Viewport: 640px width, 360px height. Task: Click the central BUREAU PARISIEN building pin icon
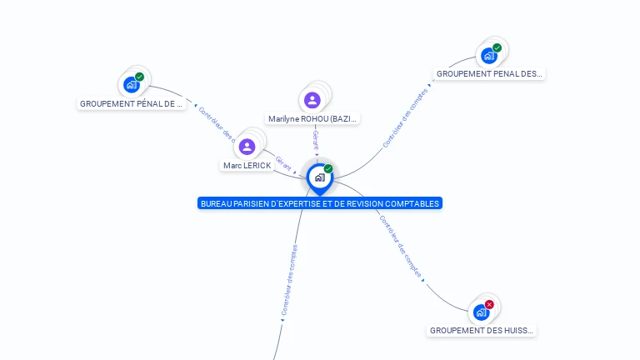click(319, 177)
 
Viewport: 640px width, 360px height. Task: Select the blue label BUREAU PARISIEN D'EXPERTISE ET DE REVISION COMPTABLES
click(320, 203)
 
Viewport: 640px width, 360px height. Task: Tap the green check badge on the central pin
click(328, 168)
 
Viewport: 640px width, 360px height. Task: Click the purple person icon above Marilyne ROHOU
click(312, 100)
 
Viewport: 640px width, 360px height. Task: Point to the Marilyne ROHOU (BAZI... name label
click(312, 119)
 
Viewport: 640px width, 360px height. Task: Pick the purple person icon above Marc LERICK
click(247, 147)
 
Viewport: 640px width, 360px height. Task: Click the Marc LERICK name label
click(247, 166)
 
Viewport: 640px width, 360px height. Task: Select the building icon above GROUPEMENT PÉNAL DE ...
click(131, 84)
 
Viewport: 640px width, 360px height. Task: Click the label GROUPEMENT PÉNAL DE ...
click(131, 104)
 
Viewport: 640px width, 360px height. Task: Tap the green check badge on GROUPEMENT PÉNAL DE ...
click(139, 77)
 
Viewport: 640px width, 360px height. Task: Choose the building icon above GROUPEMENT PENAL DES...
click(488, 56)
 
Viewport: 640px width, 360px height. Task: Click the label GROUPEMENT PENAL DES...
click(489, 74)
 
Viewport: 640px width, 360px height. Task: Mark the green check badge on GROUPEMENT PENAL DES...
click(497, 48)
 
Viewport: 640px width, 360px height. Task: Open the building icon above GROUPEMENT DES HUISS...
click(481, 312)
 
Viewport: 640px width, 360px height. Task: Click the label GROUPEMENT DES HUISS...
click(482, 331)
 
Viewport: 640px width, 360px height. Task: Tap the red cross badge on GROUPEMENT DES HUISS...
click(489, 304)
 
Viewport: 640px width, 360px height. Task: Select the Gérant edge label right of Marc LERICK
click(283, 163)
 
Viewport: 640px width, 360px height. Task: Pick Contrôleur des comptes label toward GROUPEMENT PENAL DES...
click(405, 118)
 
